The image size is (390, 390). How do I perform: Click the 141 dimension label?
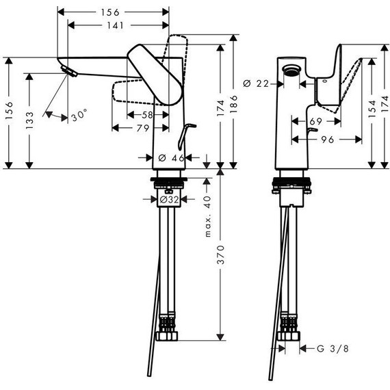click(115, 25)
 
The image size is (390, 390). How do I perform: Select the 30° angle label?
click(79, 115)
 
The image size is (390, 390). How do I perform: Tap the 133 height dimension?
click(29, 120)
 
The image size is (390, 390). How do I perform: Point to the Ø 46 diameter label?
click(171, 157)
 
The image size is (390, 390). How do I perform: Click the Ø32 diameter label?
click(169, 199)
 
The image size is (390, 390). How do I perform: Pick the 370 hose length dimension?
click(220, 255)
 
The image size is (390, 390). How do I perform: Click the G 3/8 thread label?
click(333, 349)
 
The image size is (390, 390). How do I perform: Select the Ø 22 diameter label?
click(256, 84)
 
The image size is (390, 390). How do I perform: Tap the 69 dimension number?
click(316, 121)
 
